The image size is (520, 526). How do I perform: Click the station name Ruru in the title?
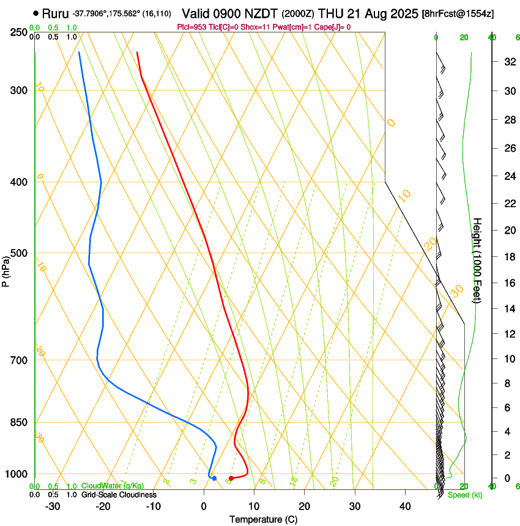[55, 13]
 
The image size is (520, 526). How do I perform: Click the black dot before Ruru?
[36, 13]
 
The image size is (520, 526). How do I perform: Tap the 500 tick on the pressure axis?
[20, 253]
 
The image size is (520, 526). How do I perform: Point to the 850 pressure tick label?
[20, 422]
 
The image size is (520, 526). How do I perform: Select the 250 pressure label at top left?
[20, 32]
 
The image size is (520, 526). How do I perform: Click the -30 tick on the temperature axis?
[53, 506]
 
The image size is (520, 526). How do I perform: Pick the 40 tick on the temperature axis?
[405, 506]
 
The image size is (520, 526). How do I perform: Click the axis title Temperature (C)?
[263, 519]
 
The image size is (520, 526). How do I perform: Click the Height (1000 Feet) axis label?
[477, 260]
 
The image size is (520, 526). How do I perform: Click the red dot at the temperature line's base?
[231, 478]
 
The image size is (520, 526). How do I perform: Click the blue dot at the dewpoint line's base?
[214, 478]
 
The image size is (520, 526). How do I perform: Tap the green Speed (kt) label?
[465, 495]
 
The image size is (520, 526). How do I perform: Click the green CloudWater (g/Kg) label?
[113, 486]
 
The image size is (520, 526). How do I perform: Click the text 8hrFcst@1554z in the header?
[459, 13]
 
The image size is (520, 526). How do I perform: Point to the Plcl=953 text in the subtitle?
[191, 27]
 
